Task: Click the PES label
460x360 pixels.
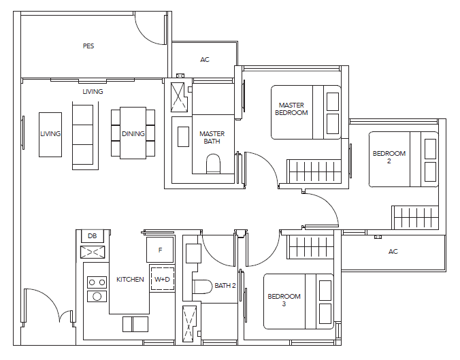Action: (88, 46)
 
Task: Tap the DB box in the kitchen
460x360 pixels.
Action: (93, 236)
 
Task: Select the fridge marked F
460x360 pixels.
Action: (160, 250)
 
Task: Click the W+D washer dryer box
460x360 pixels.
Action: (162, 279)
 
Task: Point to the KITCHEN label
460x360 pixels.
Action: (130, 279)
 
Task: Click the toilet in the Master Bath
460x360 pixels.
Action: (213, 164)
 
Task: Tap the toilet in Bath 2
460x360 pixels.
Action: (202, 287)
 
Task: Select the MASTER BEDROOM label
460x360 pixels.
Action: (291, 109)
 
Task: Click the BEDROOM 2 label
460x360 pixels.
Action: (389, 157)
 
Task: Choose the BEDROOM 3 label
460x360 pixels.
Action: (284, 300)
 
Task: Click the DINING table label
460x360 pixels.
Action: (133, 134)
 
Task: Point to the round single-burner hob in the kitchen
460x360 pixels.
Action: (97, 296)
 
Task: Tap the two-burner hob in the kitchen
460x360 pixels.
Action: (97, 282)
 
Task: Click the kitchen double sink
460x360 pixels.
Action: (135, 324)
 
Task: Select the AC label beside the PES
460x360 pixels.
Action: (205, 60)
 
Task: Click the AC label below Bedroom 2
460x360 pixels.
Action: (393, 251)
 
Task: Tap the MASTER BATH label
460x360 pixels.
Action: (212, 137)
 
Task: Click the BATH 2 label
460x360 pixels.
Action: (225, 285)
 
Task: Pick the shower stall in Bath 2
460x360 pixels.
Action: (189, 324)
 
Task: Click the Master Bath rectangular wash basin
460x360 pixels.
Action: (183, 137)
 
